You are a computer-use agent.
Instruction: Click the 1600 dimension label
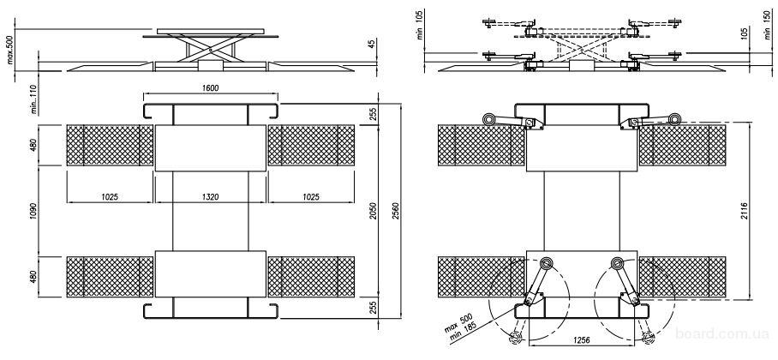click(x=211, y=88)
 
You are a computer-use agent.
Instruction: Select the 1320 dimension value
click(x=211, y=196)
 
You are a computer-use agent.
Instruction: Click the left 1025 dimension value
click(x=109, y=196)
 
